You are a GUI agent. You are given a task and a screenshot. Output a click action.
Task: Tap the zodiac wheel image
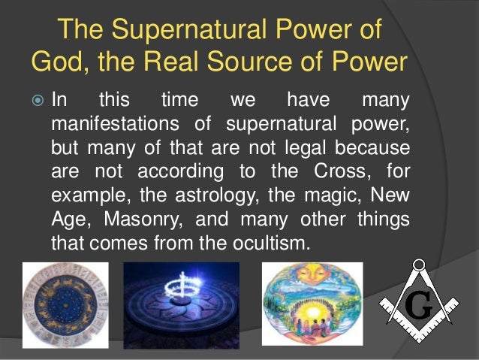coord(65,305)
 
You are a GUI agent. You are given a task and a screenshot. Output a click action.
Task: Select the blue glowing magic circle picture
coord(181,305)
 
